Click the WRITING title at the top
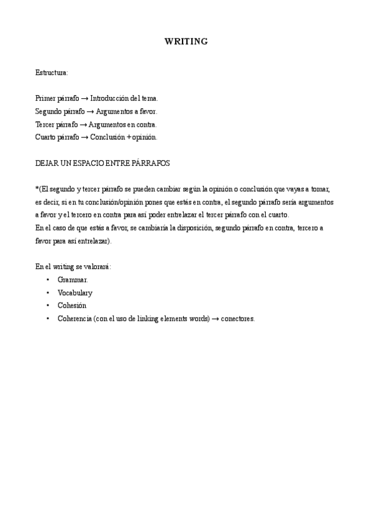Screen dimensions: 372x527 [x=186, y=42]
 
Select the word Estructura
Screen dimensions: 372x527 [x=52, y=73]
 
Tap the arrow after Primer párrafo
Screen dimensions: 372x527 [x=85, y=98]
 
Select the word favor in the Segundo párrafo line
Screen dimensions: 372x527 [x=148, y=111]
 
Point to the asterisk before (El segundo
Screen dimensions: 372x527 [x=37, y=188]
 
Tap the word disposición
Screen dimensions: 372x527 [x=192, y=228]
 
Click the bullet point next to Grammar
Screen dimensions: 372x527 [x=48, y=280]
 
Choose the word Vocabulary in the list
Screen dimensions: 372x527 [x=75, y=293]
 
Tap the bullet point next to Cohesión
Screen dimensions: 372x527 [x=48, y=306]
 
